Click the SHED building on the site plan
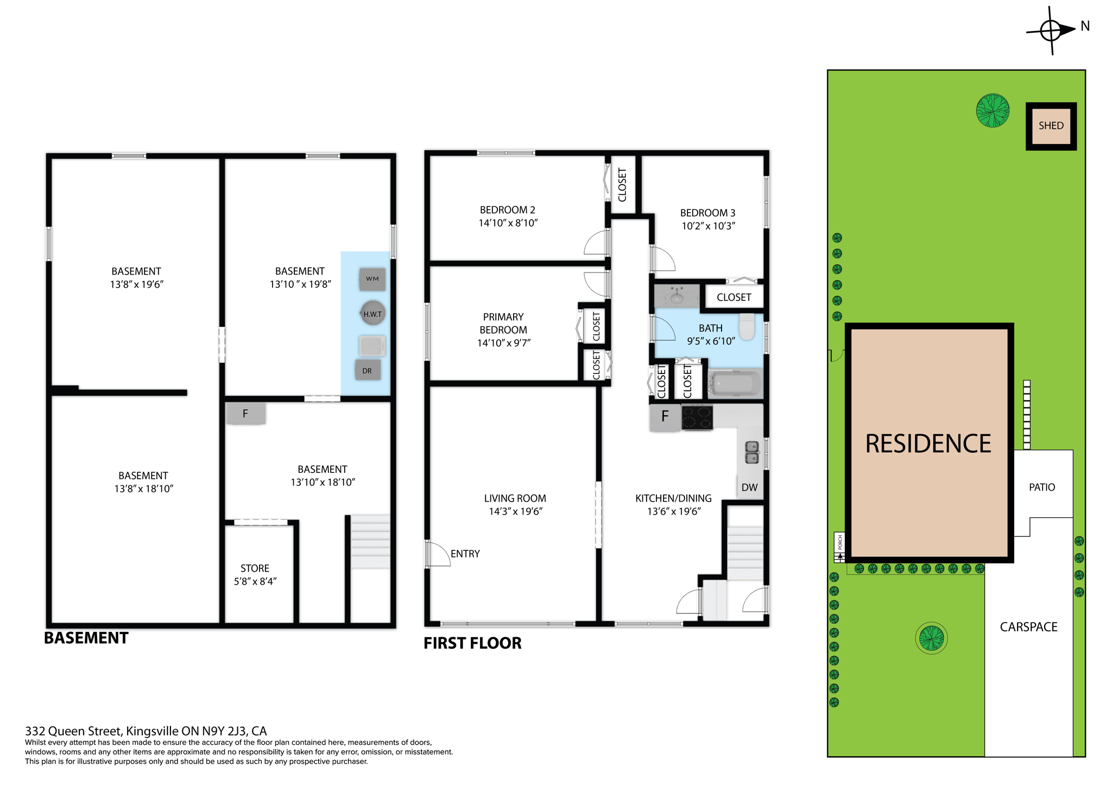tap(1050, 126)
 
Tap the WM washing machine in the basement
tap(372, 279)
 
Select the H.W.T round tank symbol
tap(372, 313)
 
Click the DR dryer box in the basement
tap(368, 371)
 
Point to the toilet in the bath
tap(747, 326)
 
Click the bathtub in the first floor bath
tap(735, 384)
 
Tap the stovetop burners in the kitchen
tap(697, 418)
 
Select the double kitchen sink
tap(751, 453)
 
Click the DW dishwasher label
tap(749, 487)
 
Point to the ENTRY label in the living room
tap(465, 554)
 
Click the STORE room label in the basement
tap(255, 568)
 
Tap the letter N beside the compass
tap(1085, 26)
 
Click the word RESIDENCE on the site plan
tap(928, 443)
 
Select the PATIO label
tap(1041, 487)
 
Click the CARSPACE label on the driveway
tap(1028, 627)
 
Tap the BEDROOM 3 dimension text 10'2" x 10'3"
tap(708, 226)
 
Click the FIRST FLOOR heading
tap(472, 643)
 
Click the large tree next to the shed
tap(993, 111)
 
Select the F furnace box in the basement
tap(245, 414)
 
